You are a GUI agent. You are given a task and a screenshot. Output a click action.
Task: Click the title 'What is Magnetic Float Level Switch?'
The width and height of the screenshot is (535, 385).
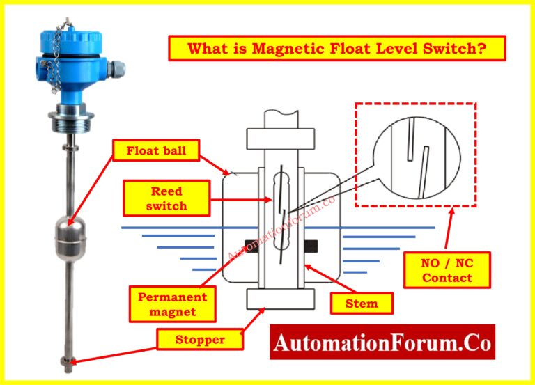click(336, 49)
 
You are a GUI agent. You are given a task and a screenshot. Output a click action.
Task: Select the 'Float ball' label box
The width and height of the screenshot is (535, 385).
click(156, 150)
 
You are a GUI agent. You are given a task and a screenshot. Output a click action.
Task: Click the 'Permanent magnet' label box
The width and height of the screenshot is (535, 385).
click(172, 304)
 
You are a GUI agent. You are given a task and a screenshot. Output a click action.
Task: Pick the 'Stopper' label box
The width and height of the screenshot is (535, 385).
click(200, 340)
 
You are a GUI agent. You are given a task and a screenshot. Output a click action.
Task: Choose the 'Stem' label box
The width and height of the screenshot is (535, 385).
click(362, 304)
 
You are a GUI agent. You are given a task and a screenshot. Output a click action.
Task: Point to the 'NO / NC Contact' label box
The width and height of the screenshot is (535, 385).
click(447, 270)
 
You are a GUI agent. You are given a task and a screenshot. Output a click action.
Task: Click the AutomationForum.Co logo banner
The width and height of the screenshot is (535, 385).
click(382, 343)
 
